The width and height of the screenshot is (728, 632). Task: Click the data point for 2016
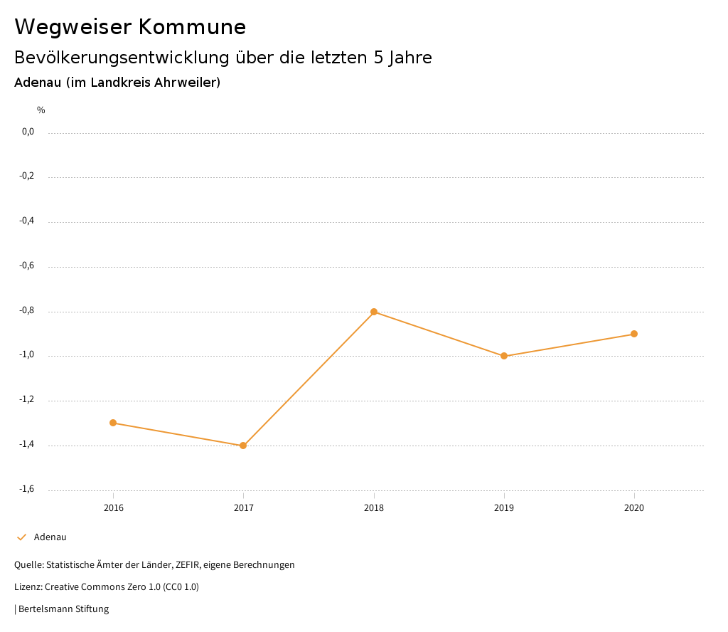point(113,423)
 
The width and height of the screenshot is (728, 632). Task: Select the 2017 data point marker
point(243,446)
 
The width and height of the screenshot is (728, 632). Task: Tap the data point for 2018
point(374,312)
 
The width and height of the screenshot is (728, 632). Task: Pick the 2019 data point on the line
point(504,356)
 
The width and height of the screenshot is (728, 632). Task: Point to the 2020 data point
point(634,334)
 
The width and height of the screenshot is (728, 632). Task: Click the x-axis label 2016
point(113,508)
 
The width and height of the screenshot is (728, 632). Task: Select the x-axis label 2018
point(374,508)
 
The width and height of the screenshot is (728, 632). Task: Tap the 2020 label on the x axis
point(634,508)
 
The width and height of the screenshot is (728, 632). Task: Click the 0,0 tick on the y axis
point(28,132)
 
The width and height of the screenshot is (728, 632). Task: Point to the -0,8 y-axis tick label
point(26,310)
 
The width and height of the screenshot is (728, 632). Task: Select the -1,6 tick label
point(26,489)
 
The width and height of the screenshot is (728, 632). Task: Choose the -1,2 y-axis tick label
point(26,400)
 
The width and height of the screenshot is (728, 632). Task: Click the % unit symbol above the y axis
point(41,110)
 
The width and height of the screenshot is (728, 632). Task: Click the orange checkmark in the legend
point(21,537)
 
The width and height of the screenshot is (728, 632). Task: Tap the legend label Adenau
point(50,537)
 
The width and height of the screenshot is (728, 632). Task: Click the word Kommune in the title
point(192,27)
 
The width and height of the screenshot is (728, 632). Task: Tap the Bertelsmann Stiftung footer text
point(63,609)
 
